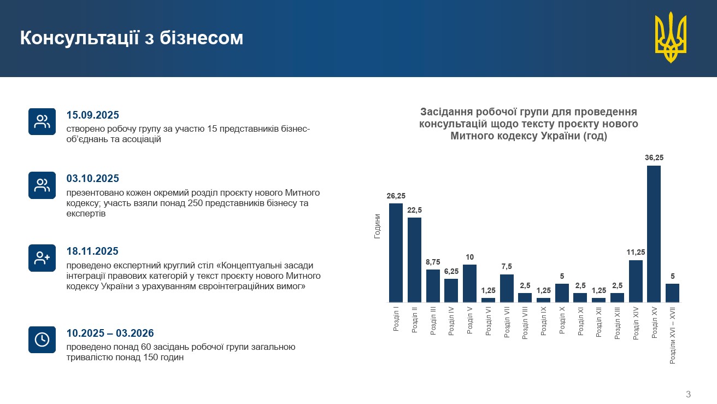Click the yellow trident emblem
point(671,37)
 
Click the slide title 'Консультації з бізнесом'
point(132,38)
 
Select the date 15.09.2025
point(92,115)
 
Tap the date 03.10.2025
point(92,178)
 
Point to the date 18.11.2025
point(92,251)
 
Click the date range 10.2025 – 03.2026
point(110,333)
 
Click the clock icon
point(42,339)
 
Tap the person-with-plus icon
point(42,258)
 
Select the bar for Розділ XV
point(654,234)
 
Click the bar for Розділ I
point(396,253)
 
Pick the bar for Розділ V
point(469,283)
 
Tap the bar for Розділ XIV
point(636,281)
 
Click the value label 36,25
point(654,157)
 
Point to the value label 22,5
point(414,210)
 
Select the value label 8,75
point(433,262)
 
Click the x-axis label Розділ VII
point(507,323)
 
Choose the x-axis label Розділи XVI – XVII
point(673,336)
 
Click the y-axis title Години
point(378,226)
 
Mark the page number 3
point(688,394)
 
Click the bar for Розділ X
point(562,293)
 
